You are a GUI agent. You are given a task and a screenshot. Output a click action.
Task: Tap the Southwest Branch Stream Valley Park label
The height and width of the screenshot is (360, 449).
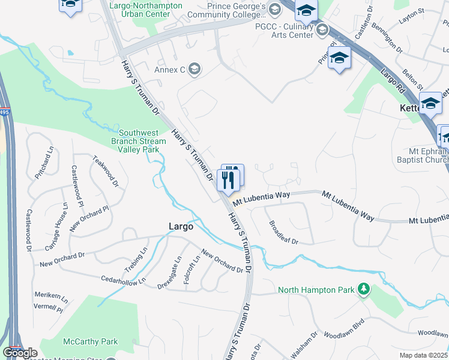coord(139,141)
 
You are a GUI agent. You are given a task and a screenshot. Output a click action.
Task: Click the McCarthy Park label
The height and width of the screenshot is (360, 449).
coord(91,341)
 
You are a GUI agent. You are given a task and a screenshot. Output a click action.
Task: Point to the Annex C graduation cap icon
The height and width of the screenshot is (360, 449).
coord(194,69)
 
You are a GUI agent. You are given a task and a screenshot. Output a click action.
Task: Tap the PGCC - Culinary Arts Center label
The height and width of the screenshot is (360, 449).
coord(284,31)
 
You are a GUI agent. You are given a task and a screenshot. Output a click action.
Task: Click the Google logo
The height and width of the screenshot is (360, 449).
coord(20,353)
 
